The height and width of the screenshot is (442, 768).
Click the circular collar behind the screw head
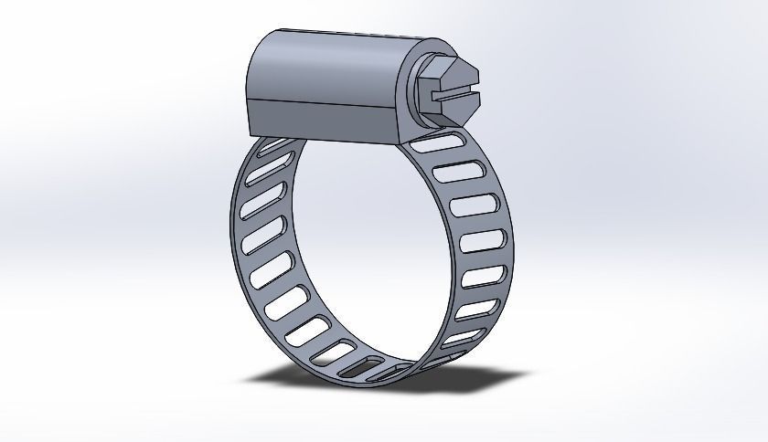pyautogui.click(x=423, y=91)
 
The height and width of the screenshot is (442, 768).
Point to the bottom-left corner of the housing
pyautogui.click(x=251, y=129)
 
